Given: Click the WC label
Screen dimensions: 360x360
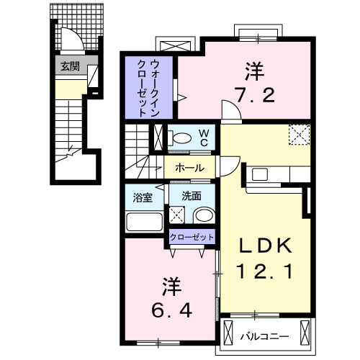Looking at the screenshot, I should coord(204,138).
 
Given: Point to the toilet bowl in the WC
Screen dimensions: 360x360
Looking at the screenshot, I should coord(182,138).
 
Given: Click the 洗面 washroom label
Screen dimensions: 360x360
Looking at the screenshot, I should coord(190,197).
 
